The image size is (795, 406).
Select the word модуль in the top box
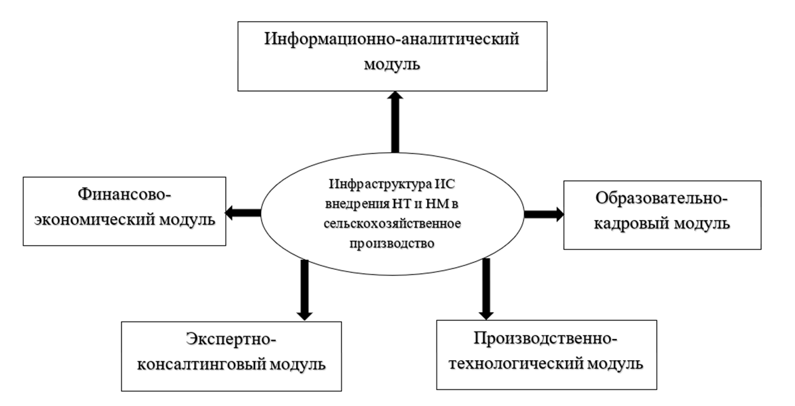tap(393, 65)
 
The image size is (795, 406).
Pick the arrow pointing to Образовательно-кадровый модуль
tap(543, 213)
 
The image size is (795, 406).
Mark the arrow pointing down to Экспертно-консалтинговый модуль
tap(305, 288)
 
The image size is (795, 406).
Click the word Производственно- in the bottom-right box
tap(546, 339)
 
